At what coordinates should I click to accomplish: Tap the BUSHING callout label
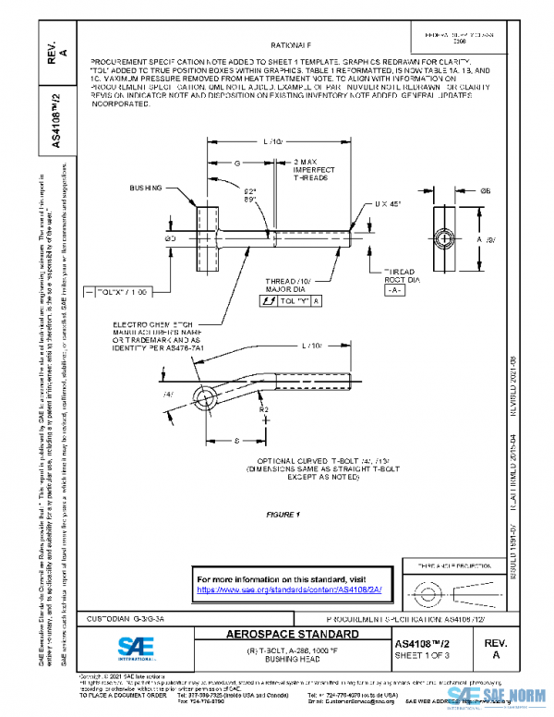pyautogui.click(x=146, y=188)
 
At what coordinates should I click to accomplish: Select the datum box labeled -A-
pyautogui.click(x=394, y=289)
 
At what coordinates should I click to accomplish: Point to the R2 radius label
pyautogui.click(x=265, y=407)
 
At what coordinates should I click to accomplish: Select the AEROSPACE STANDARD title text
pyautogui.click(x=294, y=636)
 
